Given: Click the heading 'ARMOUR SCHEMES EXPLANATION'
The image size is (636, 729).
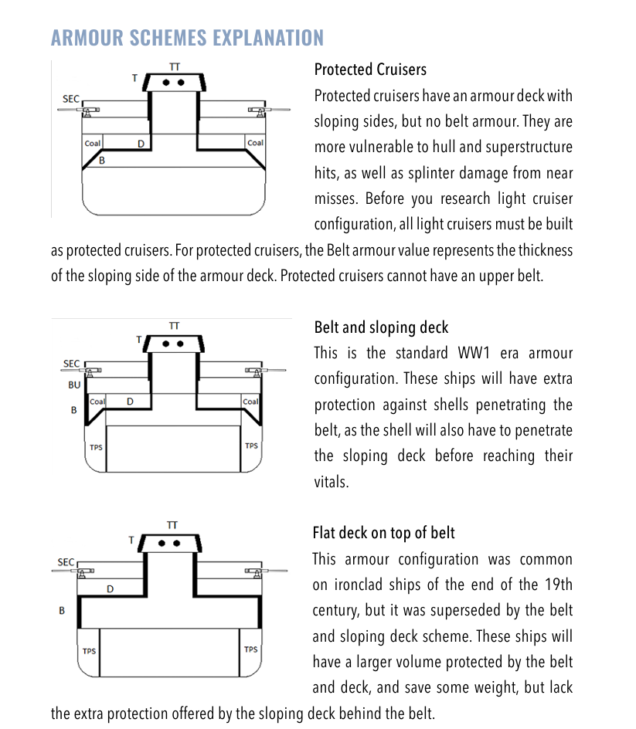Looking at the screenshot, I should [x=187, y=38].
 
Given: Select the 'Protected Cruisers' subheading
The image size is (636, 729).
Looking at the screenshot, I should [x=370, y=70].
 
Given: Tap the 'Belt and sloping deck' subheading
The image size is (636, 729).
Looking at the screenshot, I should [x=381, y=327].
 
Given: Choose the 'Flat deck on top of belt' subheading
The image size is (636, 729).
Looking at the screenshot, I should [x=383, y=533].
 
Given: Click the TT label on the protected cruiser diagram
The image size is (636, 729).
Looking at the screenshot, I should [x=175, y=67].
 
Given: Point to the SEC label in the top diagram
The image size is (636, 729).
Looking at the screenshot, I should [x=70, y=100].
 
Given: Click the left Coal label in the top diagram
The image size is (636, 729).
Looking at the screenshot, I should [x=93, y=143].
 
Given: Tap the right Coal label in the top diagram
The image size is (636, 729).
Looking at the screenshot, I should [x=255, y=143].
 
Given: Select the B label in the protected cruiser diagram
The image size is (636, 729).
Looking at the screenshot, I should [x=101, y=161].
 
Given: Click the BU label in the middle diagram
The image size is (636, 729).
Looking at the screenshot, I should [x=74, y=385].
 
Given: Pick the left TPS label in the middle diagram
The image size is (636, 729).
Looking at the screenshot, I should [x=97, y=447].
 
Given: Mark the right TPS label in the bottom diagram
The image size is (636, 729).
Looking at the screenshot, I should [x=250, y=649].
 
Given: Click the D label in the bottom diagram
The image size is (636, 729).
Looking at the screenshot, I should [x=110, y=589].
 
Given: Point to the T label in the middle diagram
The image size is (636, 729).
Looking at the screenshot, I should [x=139, y=339].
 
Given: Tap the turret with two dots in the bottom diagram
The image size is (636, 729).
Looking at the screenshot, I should [x=172, y=543].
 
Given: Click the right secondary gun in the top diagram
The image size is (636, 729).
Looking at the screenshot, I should [x=257, y=110].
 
